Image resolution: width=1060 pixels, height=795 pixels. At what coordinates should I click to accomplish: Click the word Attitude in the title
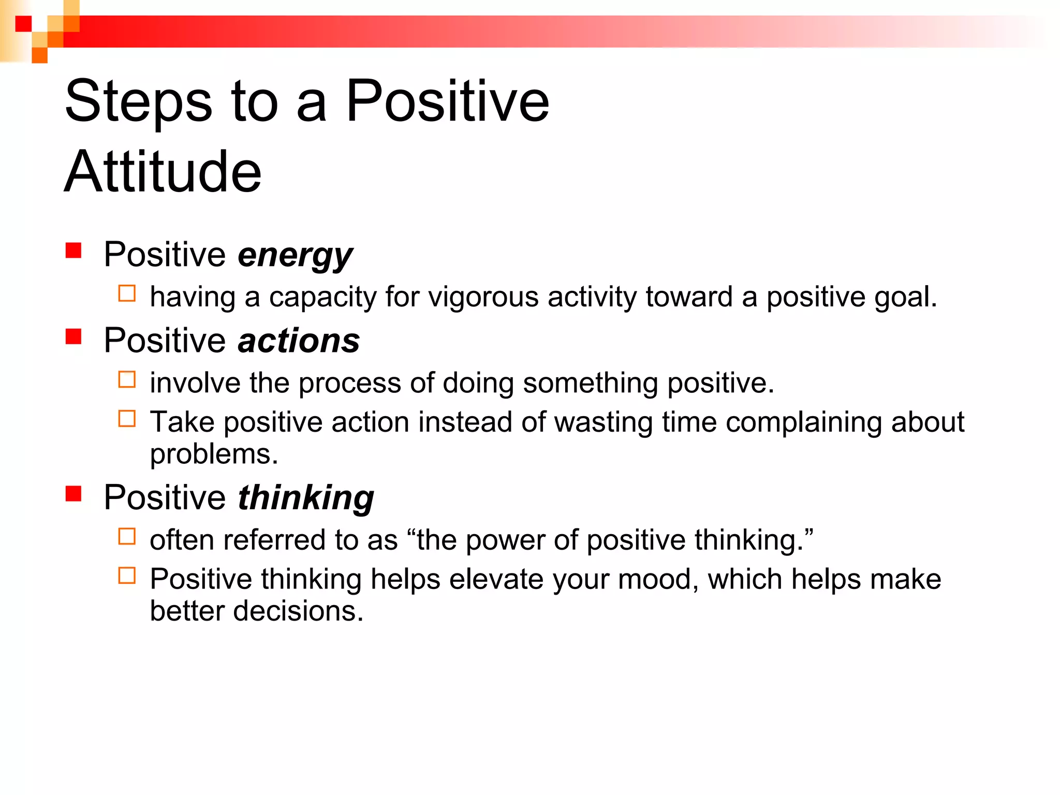(x=163, y=172)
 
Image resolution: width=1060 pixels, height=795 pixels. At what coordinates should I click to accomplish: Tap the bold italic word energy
(x=295, y=255)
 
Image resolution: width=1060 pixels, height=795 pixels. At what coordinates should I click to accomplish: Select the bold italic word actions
(x=299, y=341)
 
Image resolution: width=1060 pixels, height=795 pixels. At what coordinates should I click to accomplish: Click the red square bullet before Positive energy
(x=73, y=251)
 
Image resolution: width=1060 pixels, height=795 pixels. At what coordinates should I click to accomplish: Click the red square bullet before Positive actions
(x=73, y=336)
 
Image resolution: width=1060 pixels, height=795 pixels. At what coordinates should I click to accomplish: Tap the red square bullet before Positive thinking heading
(x=73, y=493)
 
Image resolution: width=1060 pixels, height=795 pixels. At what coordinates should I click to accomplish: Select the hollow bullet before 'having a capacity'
(x=127, y=293)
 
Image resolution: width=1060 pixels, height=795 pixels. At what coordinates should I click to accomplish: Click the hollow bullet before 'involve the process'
(x=127, y=379)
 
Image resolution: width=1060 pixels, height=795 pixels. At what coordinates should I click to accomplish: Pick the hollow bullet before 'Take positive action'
(x=127, y=418)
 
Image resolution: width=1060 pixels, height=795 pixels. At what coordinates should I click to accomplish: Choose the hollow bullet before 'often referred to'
(x=127, y=536)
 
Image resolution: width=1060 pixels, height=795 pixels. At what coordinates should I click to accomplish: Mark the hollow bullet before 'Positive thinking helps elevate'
(x=127, y=576)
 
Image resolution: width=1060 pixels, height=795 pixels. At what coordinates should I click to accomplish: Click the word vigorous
(x=483, y=298)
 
